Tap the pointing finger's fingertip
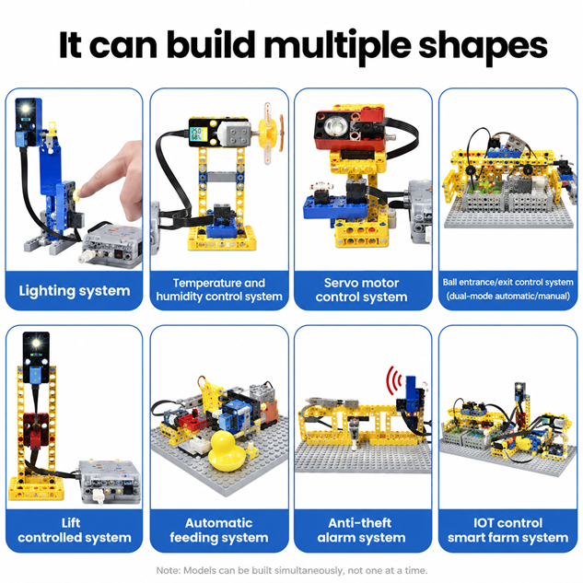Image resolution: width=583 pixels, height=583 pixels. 83,191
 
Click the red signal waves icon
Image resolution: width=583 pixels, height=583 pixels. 394,380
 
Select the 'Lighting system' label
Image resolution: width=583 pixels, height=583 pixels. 75,291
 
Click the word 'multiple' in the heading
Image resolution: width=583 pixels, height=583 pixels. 338,45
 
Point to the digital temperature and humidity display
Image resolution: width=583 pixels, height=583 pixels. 196,134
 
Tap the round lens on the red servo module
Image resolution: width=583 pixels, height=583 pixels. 333,125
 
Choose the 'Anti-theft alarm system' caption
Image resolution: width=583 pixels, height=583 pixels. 361,531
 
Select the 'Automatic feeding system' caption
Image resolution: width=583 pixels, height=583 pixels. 219,531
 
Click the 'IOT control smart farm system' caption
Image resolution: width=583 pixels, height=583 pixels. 507,531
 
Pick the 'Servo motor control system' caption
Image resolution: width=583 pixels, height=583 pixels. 361,290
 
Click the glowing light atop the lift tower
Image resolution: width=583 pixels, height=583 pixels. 36,343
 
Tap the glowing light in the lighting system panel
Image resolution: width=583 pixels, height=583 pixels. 25,109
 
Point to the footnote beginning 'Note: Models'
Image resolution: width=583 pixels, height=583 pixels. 292,570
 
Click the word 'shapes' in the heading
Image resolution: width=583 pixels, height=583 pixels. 483,45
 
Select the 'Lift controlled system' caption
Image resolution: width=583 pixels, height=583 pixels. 75,531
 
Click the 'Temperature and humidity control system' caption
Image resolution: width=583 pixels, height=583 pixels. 219,289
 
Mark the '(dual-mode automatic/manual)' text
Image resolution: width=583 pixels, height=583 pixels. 507,297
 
